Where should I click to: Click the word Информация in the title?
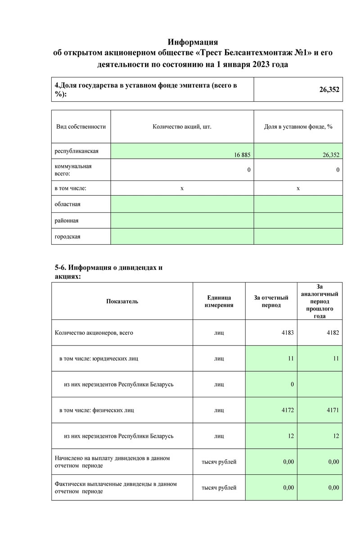[x=193, y=42]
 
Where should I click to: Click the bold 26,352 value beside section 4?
[x=329, y=90]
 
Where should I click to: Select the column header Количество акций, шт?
[x=182, y=127]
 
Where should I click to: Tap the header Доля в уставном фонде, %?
[x=298, y=127]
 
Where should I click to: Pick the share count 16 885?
[x=242, y=155]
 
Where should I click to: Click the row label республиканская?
[x=76, y=151]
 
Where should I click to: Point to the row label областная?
[x=67, y=204]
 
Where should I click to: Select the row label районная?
[x=67, y=220]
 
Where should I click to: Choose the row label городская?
[x=67, y=237]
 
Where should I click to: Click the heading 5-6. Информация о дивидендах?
[x=108, y=268]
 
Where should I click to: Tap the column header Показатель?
[x=122, y=301]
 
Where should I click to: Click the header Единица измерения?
[x=219, y=301]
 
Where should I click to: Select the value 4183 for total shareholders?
[x=286, y=333]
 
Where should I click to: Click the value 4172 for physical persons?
[x=286, y=410]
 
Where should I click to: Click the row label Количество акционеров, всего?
[x=94, y=333]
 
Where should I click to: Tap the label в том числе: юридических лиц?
[x=99, y=359]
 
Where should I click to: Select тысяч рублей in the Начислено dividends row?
[x=219, y=462]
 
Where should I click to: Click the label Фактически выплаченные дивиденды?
[x=115, y=484]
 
